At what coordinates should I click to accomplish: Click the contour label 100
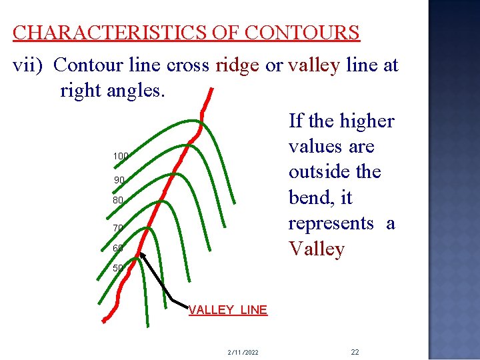coord(121,156)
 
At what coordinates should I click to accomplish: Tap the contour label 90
coord(119,180)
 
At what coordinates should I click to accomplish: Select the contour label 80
coord(119,200)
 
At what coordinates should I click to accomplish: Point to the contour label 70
coord(118,228)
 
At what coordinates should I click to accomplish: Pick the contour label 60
coord(118,249)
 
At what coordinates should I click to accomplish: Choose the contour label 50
coord(118,268)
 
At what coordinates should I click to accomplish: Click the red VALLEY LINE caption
coord(228,310)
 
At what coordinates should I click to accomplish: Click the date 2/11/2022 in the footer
coord(243,351)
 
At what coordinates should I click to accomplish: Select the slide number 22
coord(355,351)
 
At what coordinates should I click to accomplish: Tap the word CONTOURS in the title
coord(302,33)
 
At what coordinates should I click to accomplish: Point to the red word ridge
coord(237,65)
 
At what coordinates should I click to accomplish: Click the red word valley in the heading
coord(314,65)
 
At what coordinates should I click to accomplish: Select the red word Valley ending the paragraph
coord(317,249)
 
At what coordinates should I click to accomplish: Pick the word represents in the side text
coord(331,223)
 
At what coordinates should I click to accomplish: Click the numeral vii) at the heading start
coord(29,65)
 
